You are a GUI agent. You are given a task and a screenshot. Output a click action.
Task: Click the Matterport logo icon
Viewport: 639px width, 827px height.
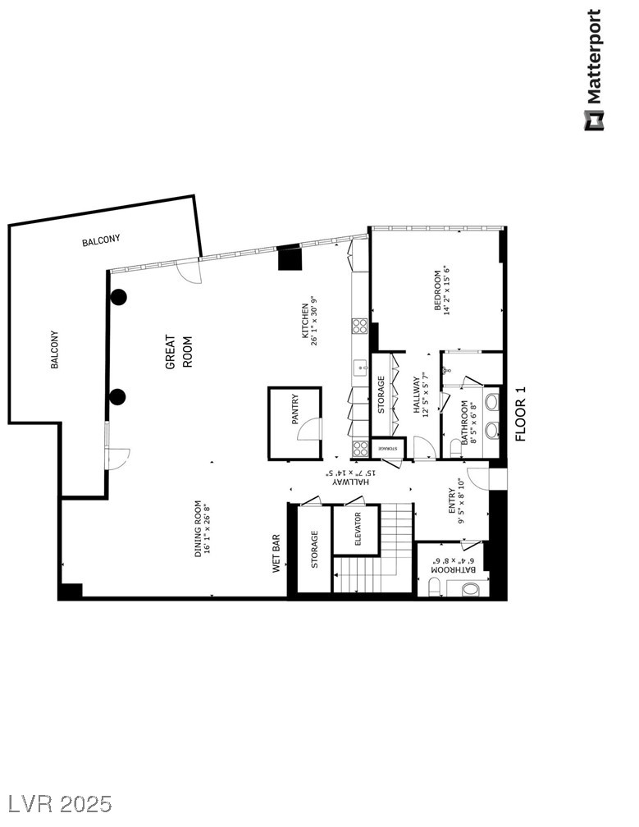click(x=593, y=121)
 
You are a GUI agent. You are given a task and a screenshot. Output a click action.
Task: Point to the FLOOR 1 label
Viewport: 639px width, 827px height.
click(x=520, y=413)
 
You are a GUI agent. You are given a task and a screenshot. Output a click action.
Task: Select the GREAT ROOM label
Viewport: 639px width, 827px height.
click(x=179, y=351)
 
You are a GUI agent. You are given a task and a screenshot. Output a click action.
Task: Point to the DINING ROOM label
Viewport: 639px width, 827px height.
click(x=198, y=529)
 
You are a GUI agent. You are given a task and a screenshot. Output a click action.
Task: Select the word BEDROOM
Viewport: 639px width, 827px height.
click(x=437, y=290)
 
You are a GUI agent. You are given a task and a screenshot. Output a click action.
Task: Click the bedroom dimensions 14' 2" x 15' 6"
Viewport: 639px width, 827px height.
click(x=448, y=290)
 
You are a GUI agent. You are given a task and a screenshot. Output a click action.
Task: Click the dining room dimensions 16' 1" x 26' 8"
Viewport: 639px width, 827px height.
click(x=208, y=529)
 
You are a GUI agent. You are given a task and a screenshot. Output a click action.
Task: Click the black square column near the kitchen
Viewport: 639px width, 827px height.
click(x=290, y=258)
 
